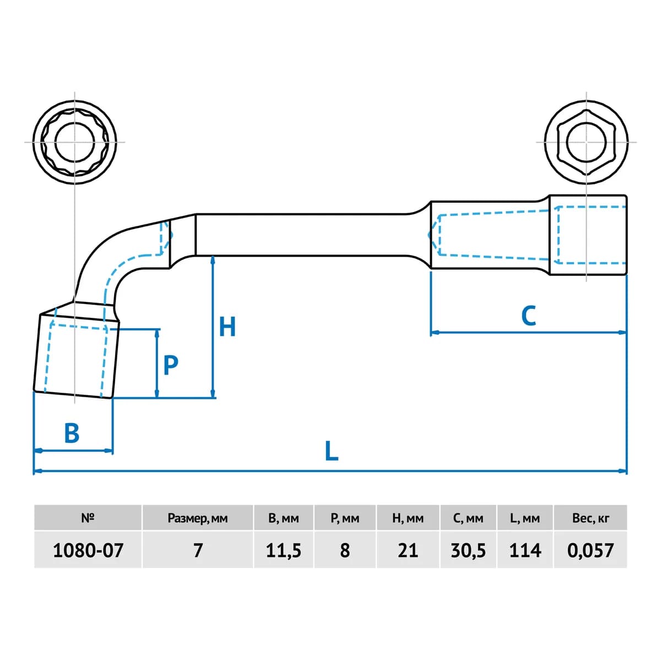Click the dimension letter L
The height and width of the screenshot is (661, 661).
click(331, 451)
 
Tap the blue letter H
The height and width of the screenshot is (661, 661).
click(227, 327)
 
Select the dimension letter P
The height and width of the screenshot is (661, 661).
click(170, 365)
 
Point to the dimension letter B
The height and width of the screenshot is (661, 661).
click(72, 433)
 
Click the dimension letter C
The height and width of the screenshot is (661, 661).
click(528, 316)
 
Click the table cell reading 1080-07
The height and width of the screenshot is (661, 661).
click(88, 550)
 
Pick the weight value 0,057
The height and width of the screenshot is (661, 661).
click(590, 551)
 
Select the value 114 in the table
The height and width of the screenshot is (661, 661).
click(525, 550)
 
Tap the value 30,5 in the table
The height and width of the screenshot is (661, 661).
click(468, 551)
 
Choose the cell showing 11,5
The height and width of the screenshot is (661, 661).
click(283, 551)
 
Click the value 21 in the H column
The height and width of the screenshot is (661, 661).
click(408, 550)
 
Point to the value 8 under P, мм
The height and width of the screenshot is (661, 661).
click(345, 550)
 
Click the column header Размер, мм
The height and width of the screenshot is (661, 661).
click(198, 518)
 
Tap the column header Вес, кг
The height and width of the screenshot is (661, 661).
click(590, 518)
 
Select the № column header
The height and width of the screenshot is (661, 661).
click(88, 518)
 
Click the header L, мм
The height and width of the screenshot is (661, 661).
click(525, 518)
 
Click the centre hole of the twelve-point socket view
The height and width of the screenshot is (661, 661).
click(75, 142)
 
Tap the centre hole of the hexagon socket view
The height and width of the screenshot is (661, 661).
click(586, 142)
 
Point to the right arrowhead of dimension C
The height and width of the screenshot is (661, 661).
click(622, 332)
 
